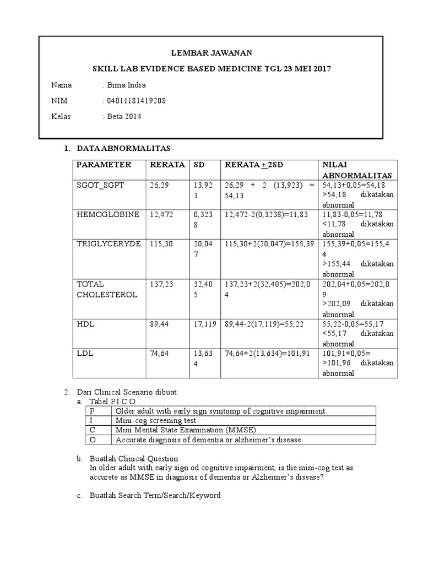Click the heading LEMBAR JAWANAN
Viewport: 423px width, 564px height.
(x=211, y=53)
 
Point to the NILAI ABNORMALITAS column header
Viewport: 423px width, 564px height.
(x=356, y=170)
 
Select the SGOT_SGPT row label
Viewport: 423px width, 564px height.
(x=101, y=185)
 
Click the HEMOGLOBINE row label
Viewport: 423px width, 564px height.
(x=108, y=214)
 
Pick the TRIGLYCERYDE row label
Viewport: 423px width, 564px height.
(x=109, y=243)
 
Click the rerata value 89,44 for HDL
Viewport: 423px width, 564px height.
(x=159, y=324)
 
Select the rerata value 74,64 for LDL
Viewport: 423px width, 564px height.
(x=159, y=353)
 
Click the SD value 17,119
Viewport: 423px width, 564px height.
(x=204, y=324)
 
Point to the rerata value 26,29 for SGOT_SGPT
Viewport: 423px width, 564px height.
(x=159, y=185)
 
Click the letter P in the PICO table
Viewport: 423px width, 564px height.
(x=92, y=411)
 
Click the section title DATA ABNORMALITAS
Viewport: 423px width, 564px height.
(x=124, y=149)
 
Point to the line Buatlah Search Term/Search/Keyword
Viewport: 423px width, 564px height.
(x=155, y=496)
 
